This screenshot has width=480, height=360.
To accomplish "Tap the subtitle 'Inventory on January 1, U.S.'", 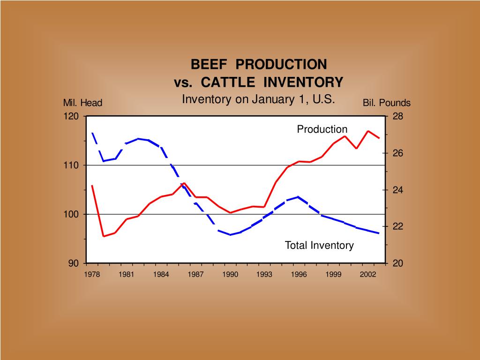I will [x=258, y=99].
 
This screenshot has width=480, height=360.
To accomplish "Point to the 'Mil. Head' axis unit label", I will [x=82, y=103].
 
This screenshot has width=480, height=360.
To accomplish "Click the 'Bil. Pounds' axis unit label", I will [x=386, y=103].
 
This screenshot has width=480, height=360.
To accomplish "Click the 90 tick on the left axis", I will [x=74, y=263].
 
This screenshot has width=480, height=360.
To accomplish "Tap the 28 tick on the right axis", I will [x=397, y=116].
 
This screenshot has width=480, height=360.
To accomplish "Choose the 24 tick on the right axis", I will [x=397, y=190].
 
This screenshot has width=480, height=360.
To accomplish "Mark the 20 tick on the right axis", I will [x=397, y=263].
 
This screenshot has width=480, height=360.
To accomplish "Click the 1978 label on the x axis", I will [x=92, y=275].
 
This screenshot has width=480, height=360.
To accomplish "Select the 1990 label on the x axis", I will [x=230, y=275].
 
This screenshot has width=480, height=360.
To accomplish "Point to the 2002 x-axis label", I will [x=367, y=275].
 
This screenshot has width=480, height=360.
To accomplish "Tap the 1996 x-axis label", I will [x=299, y=275].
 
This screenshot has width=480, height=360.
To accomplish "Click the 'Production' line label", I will [x=322, y=129].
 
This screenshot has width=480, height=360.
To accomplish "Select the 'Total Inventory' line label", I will [x=319, y=245].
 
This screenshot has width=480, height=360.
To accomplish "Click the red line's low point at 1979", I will [x=104, y=236].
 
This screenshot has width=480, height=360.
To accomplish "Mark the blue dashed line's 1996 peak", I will [x=299, y=197].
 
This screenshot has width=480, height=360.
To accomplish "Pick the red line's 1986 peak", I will [x=184, y=183].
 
